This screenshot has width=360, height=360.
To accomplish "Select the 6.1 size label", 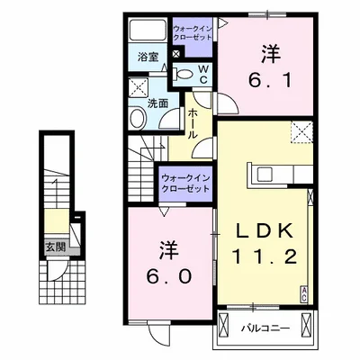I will click(x=267, y=78).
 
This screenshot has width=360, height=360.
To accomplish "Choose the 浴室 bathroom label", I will click(x=148, y=58).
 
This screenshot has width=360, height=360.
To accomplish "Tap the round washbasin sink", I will click(x=139, y=118).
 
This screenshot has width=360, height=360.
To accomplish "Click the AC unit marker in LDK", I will click(x=304, y=291).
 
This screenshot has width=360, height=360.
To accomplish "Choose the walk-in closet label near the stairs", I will click(x=186, y=183).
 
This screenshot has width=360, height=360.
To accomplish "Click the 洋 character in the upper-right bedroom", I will click(x=267, y=52).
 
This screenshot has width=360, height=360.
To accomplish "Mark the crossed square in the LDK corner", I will click(x=300, y=133).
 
